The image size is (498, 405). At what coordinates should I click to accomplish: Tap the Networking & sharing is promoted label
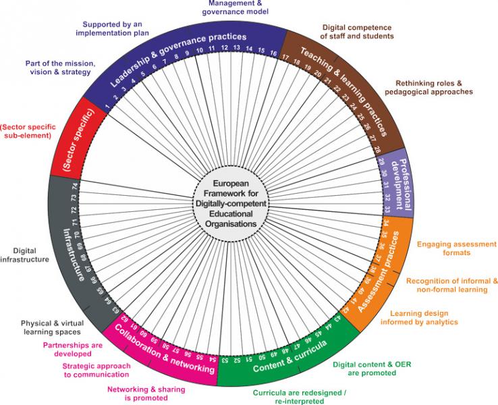146,393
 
